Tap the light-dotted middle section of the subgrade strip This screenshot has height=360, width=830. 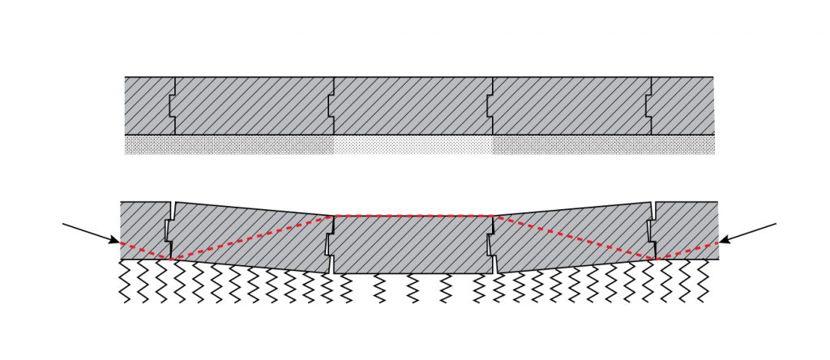413,144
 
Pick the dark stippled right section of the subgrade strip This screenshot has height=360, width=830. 603,144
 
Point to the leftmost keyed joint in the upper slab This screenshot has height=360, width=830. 172,105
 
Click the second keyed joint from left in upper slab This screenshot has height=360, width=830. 332,105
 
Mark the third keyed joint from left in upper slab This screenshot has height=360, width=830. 490,105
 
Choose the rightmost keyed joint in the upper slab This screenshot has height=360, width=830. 649,105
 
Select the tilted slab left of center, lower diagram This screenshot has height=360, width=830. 251,235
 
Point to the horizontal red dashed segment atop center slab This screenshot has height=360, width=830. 413,216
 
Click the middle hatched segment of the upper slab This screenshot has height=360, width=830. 413,105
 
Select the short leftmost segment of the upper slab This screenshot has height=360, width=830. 148,105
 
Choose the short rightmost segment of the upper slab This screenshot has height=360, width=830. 682,105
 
